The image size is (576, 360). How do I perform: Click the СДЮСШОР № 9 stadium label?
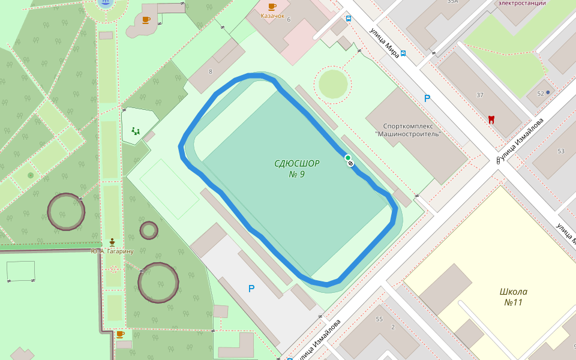point(296,169)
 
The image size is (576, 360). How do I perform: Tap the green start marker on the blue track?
point(347,158)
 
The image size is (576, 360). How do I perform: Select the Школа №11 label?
point(513,297)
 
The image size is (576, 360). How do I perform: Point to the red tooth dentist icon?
point(491,119)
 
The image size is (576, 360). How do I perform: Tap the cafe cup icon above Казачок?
point(272,7)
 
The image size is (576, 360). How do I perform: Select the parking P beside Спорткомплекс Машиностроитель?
point(427,98)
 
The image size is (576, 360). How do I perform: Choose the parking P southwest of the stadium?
point(251,289)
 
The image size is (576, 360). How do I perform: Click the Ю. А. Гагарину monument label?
point(112,251)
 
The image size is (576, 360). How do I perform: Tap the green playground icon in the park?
point(136,130)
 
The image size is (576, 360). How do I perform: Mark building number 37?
point(479,95)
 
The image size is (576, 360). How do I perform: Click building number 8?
point(210,72)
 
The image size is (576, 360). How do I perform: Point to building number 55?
point(379,319)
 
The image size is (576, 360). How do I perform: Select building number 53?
point(560,151)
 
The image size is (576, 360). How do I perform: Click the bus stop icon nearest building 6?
point(349,18)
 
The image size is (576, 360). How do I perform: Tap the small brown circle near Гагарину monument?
point(149,230)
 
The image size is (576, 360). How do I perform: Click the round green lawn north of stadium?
point(332,84)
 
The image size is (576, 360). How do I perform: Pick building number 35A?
point(452,2)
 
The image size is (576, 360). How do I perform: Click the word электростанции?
point(522,3)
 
